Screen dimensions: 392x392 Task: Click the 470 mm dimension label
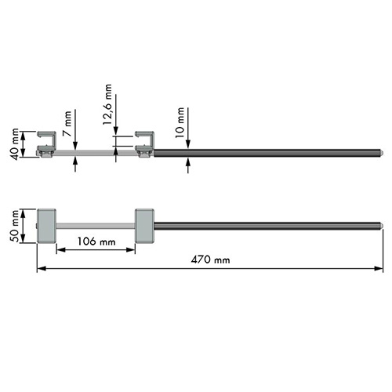coord(210,260)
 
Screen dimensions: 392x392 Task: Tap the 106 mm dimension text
coord(96,241)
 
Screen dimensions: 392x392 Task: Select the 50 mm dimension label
coord(16,226)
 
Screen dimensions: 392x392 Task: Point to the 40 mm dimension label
coord(16,144)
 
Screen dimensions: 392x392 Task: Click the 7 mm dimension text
coord(67,123)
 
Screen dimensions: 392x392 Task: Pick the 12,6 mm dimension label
coord(107,104)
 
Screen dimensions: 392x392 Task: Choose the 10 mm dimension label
coord(180,122)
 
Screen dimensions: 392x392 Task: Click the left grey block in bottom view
coord(46,226)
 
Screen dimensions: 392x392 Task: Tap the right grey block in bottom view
coord(144,226)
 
